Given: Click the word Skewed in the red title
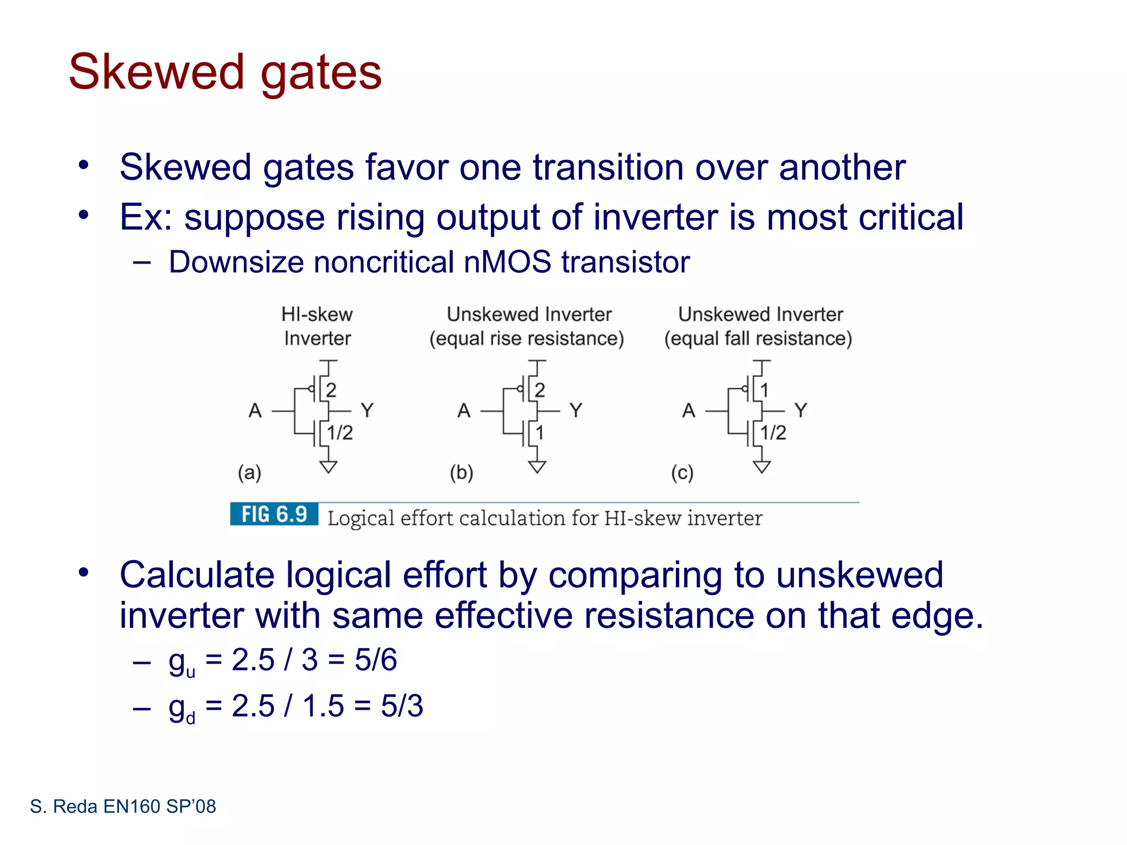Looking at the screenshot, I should click(156, 72).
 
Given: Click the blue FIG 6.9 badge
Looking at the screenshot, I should click(274, 514).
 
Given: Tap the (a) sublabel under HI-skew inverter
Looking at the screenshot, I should click(249, 473).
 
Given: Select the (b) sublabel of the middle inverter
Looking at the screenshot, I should click(461, 473).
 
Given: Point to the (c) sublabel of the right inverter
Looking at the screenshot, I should click(682, 473).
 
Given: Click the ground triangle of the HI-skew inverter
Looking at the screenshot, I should click(329, 467).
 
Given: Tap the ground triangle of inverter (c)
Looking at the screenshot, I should click(762, 467).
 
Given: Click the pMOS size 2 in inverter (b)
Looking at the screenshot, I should click(540, 390).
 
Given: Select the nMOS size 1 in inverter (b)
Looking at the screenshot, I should click(540, 433).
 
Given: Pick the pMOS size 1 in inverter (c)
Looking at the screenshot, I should click(764, 390).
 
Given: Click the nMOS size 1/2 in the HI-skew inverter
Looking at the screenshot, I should click(340, 433).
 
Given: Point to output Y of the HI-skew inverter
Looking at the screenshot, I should click(367, 410).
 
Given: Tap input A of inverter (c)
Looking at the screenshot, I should click(688, 410).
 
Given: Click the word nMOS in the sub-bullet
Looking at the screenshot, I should click(507, 262).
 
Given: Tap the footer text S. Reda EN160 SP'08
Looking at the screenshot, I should click(123, 806).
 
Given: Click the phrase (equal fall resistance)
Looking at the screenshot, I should click(758, 338).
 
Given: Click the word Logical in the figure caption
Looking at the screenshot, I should click(361, 518).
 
